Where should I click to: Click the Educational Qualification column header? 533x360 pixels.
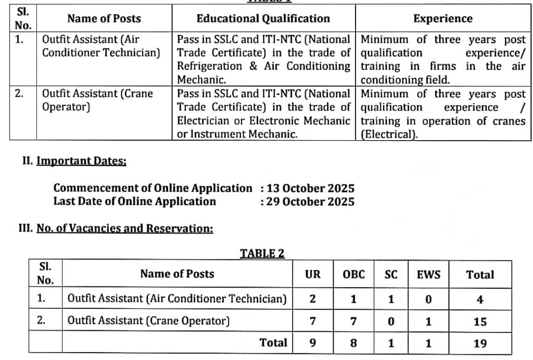tap(263, 19)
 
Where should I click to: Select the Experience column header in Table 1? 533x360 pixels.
tap(442, 19)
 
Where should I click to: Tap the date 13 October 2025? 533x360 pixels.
tap(310, 188)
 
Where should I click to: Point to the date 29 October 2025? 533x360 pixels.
tap(310, 202)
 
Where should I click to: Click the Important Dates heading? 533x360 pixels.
tap(81, 161)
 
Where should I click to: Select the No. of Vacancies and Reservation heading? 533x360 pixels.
tap(124, 228)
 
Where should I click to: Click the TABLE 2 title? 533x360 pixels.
tap(262, 253)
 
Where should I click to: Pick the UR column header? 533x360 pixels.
tap(312, 275)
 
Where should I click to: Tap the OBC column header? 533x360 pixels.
tap(353, 275)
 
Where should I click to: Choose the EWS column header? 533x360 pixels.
tap(428, 275)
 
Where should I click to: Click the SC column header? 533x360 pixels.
tap(391, 275)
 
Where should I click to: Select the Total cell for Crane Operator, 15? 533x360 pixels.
tap(480, 321)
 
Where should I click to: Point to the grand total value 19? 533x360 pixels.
tap(480, 343)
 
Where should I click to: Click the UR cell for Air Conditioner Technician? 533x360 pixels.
tap(312, 300)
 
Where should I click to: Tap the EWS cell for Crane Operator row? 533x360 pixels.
tap(428, 321)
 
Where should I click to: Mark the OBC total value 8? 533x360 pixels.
tap(353, 343)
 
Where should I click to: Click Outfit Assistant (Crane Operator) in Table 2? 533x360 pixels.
tap(148, 321)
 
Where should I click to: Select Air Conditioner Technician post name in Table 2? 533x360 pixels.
tap(177, 299)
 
